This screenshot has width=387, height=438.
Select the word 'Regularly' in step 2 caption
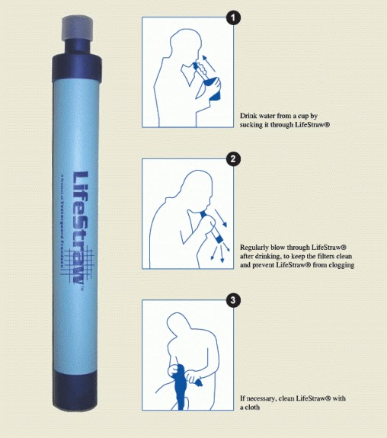(x=257, y=248)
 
